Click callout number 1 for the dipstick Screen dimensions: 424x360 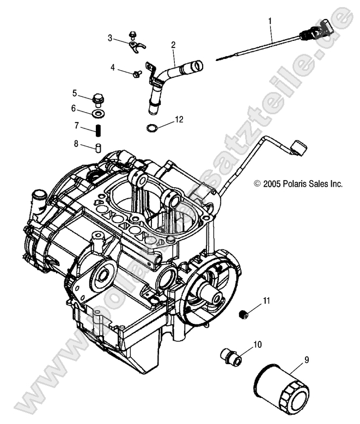[269, 21]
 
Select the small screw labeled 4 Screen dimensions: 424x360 [137, 72]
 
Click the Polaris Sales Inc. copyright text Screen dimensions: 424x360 [298, 185]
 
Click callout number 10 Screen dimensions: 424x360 [257, 345]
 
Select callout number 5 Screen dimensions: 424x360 [90, 93]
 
